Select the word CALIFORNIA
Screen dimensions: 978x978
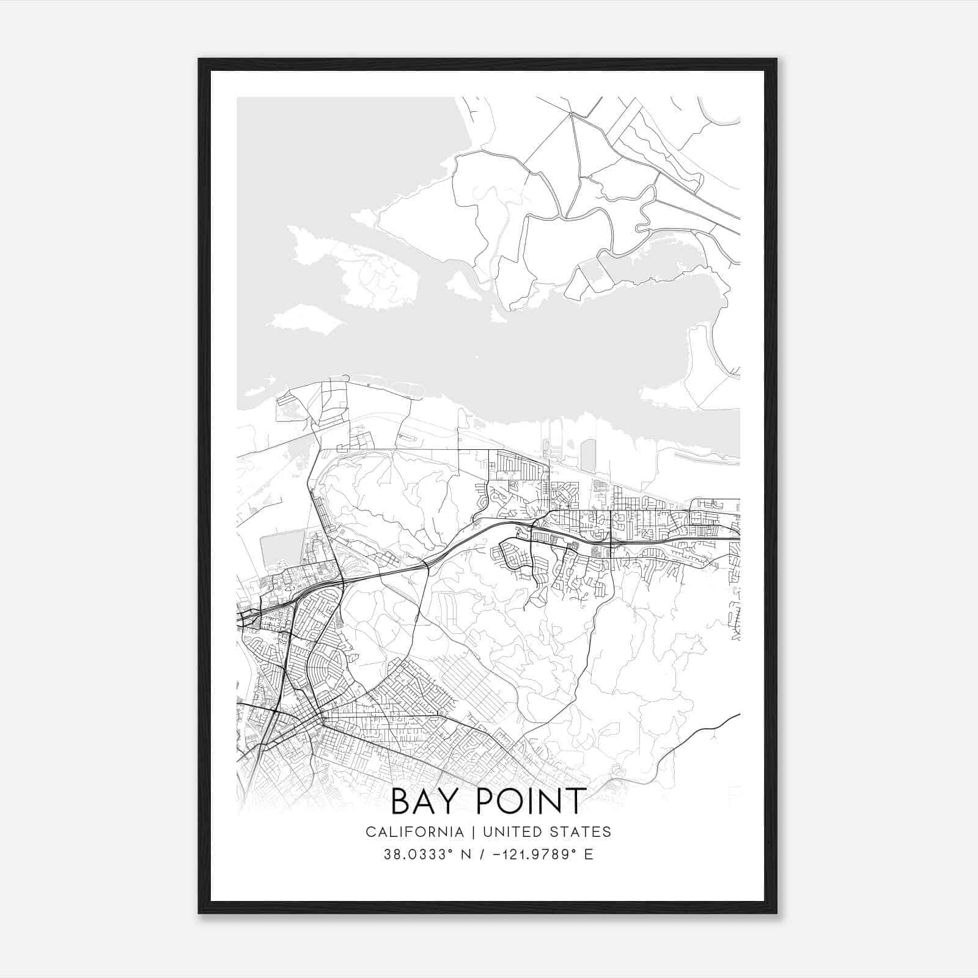pyautogui.click(x=414, y=832)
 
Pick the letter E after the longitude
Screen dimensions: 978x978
pyautogui.click(x=589, y=855)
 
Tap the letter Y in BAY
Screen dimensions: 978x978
pyautogui.click(x=453, y=801)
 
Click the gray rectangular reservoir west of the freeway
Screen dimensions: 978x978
pyautogui.click(x=282, y=548)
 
